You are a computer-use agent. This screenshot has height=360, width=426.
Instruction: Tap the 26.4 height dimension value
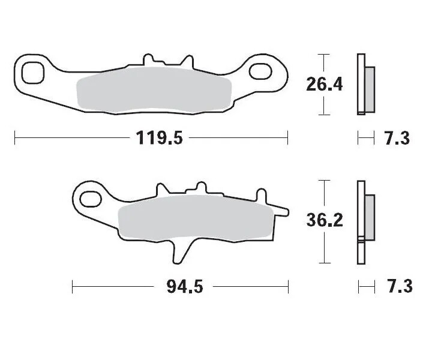[324, 84]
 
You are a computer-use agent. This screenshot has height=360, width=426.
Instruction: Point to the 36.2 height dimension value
[324, 221]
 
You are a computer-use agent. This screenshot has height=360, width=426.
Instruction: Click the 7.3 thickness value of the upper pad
[396, 139]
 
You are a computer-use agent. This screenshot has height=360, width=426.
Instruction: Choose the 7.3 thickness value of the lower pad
[396, 287]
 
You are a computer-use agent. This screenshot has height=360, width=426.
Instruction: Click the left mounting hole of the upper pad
[32, 72]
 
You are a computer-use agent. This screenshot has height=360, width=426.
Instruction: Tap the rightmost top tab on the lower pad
[262, 196]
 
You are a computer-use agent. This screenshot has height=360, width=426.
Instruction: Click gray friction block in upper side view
[369, 89]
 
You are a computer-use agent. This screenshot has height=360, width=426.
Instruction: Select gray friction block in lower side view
[369, 217]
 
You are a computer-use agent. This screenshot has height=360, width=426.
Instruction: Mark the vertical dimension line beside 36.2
[324, 192]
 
